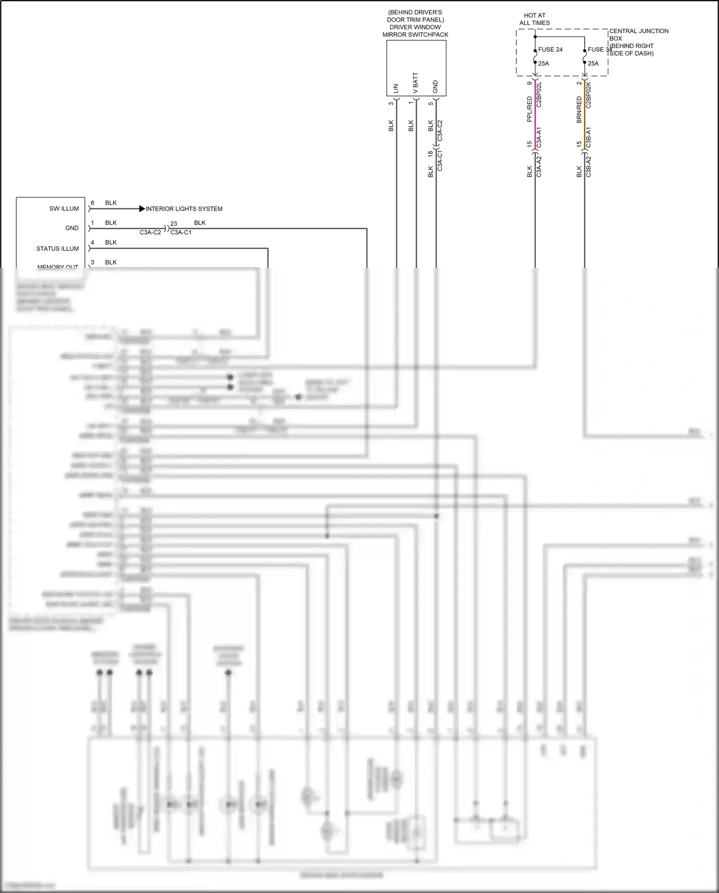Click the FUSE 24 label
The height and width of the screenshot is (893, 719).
coord(550,49)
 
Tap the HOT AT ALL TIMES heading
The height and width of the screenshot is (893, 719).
coord(534,19)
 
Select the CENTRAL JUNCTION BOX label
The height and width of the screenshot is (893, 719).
coord(638,35)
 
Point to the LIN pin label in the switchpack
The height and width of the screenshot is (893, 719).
coord(396,88)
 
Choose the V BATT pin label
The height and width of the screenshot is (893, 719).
coord(416,83)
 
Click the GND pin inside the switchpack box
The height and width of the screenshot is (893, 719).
coord(435,86)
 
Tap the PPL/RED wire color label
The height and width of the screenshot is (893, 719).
coord(529,109)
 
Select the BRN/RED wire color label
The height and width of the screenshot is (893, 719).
coord(579,109)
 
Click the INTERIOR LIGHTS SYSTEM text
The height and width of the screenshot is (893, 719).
coord(184,209)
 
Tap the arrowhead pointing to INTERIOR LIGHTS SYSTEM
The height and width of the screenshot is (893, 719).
coord(142,209)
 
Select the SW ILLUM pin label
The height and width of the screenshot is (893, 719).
coord(64,209)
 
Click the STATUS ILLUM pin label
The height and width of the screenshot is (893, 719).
coord(58,249)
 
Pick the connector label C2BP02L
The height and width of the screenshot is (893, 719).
coord(539,95)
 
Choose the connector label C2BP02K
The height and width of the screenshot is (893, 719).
coord(589,95)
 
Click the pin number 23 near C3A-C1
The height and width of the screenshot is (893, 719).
coord(174,224)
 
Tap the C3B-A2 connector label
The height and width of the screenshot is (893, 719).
coord(589,167)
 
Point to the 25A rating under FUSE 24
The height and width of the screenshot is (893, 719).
coord(544,63)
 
